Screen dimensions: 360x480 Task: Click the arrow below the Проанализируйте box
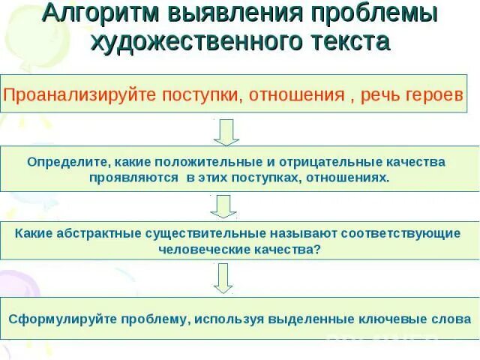[x=226, y=132]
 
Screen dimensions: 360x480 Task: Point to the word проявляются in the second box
[x=133, y=178]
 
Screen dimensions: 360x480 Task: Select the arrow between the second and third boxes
[x=223, y=206]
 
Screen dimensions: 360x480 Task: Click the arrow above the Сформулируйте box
[x=223, y=278]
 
